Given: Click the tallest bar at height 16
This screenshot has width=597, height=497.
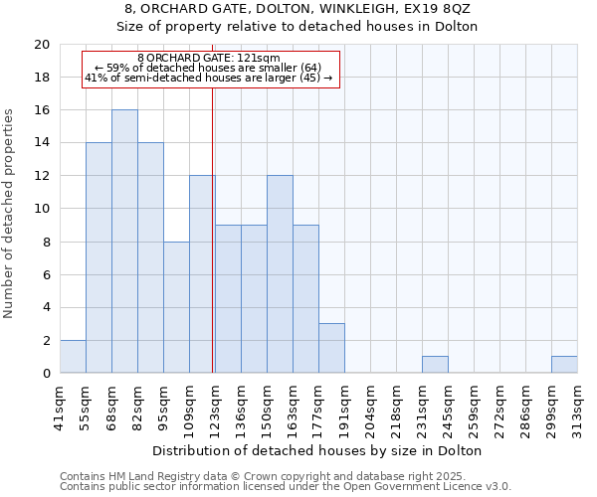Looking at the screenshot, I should coord(124,242).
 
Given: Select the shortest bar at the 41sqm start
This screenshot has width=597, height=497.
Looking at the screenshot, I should coord(73,357).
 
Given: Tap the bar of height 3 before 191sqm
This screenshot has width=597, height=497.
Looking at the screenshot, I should coord(331,348).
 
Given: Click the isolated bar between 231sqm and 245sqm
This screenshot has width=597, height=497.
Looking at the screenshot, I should coord(435,365).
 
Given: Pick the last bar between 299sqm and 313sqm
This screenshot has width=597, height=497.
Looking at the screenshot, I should coord(564,365).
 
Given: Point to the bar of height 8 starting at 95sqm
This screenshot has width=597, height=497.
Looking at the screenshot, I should coord(176,307).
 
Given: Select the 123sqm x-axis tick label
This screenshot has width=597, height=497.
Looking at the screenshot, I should coord(216,406).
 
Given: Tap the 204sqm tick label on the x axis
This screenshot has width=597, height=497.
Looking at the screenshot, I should coord(371,406).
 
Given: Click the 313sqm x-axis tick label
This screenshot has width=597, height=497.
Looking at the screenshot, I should coord(578,406).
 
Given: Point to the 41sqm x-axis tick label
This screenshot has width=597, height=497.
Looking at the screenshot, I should coord(61,406).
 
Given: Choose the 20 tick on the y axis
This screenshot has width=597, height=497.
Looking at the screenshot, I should coord(41,45).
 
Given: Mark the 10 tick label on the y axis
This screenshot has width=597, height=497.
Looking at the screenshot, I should coord(41,209).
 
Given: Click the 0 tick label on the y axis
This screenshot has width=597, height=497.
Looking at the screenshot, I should coord(45,374).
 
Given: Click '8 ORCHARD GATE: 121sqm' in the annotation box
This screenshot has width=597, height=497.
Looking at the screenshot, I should coord(209,59).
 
